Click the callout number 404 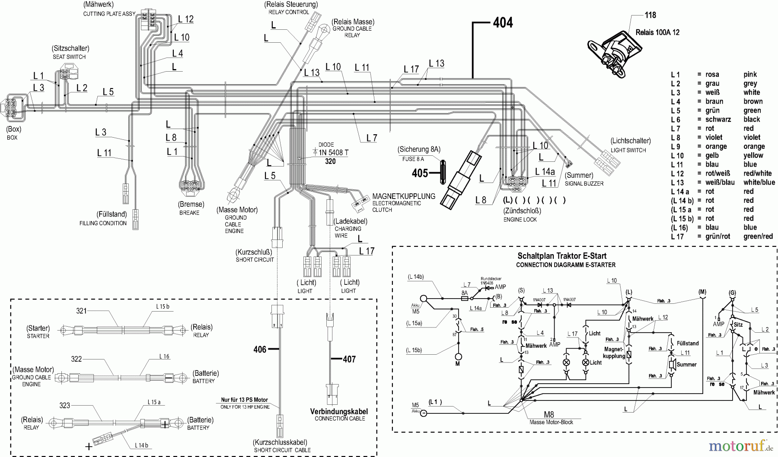pos(503,22)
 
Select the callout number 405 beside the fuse pos(420,173)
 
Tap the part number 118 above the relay pos(650,15)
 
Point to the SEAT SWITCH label pos(69,57)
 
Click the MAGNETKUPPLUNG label pos(404,196)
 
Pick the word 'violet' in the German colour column pos(714,137)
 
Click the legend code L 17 pos(677,236)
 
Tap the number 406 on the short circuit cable pos(260,349)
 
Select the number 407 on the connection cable pos(349,359)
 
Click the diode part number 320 pos(330,161)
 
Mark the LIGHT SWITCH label pos(628,150)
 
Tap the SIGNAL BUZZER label pos(584,183)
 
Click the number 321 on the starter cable pos(82,311)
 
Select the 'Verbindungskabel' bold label pos(339,411)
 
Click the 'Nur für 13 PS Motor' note pos(245,400)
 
